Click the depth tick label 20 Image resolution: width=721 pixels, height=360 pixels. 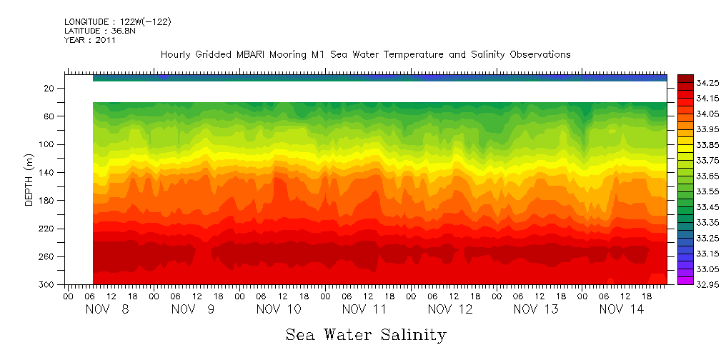[49, 88]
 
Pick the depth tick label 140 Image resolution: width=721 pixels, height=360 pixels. [46, 172]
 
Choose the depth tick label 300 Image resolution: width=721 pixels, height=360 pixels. [46, 284]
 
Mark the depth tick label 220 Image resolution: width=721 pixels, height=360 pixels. [46, 229]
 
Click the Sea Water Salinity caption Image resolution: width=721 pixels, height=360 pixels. [366, 334]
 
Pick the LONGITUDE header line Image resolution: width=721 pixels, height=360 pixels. [117, 22]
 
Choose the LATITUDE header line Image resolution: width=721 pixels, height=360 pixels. [100, 31]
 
